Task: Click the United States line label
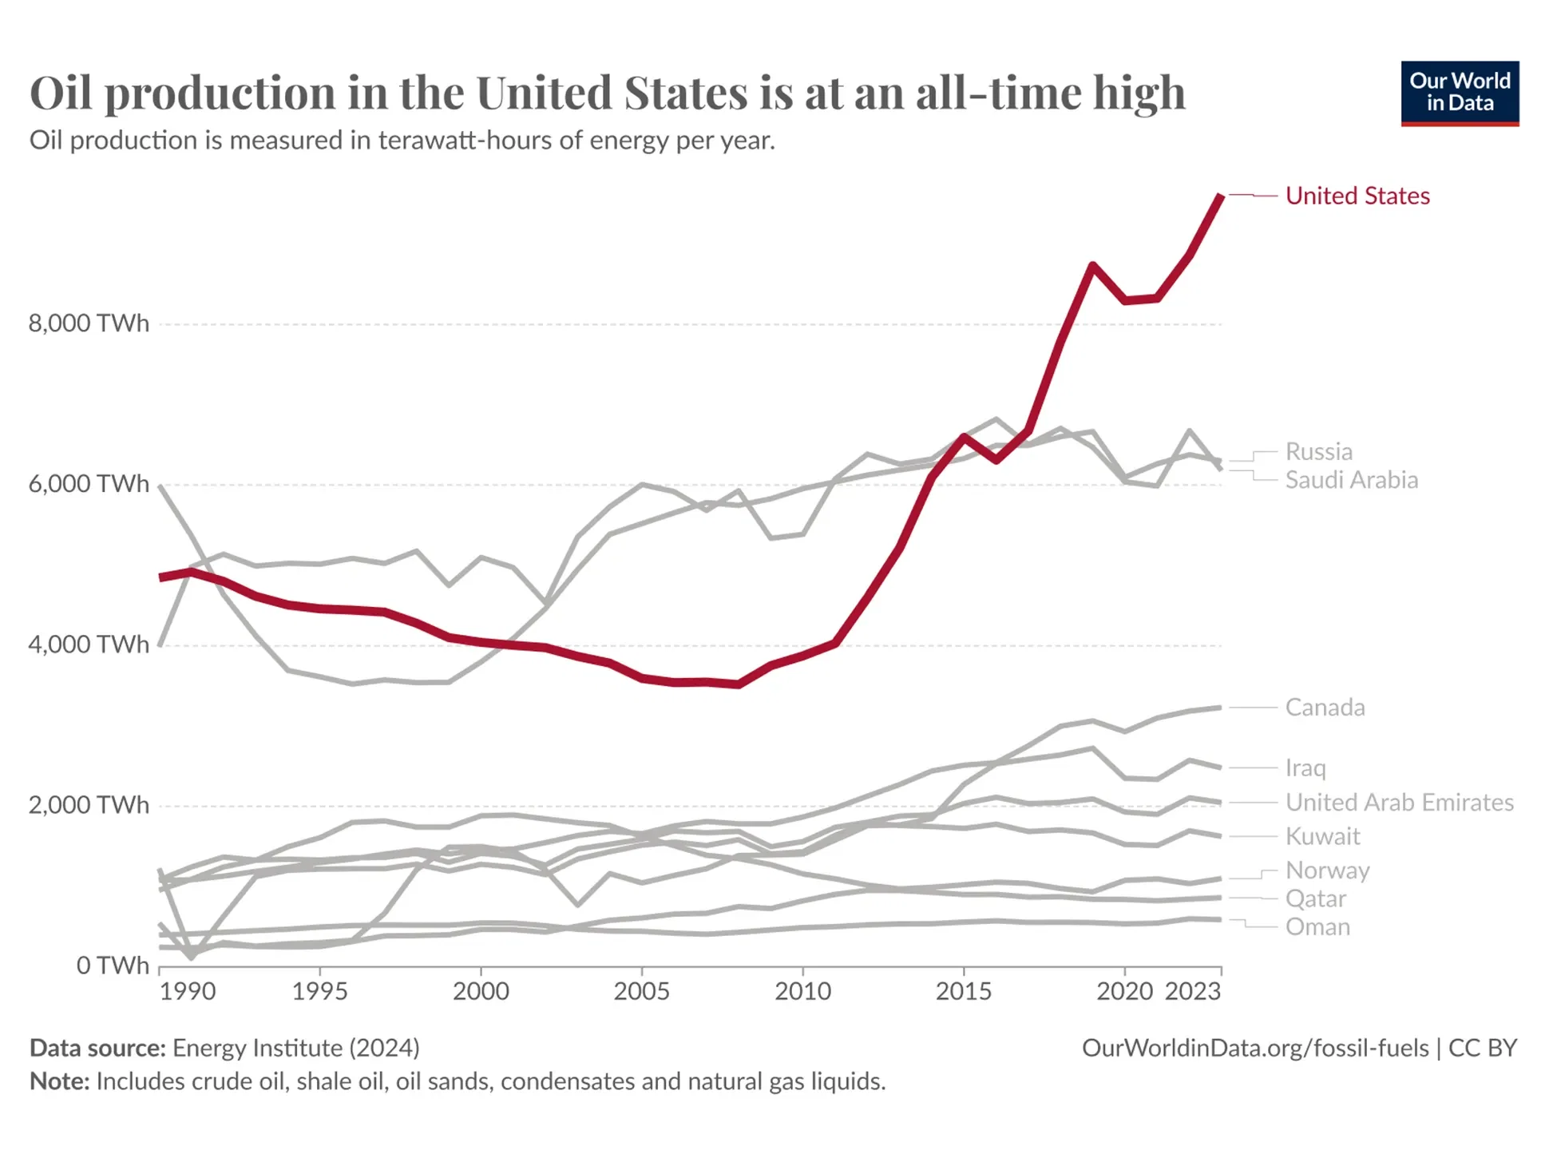[1357, 196]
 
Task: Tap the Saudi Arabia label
[1351, 480]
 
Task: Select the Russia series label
[1318, 451]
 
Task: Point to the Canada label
[1325, 708]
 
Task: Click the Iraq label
[1305, 767]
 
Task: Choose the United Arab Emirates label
[1399, 802]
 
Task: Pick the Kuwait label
[1322, 836]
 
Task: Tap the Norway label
[1327, 870]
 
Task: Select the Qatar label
[1315, 898]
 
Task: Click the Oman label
[1317, 927]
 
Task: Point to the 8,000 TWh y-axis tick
[89, 323]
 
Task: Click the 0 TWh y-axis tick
[113, 966]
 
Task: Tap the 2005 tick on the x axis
[641, 991]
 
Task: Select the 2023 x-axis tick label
[1192, 991]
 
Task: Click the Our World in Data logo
[1459, 93]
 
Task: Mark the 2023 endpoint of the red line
[1220, 196]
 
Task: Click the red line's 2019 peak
[1092, 265]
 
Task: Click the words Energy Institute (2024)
[295, 1048]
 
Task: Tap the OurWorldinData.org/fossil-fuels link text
[1254, 1048]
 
